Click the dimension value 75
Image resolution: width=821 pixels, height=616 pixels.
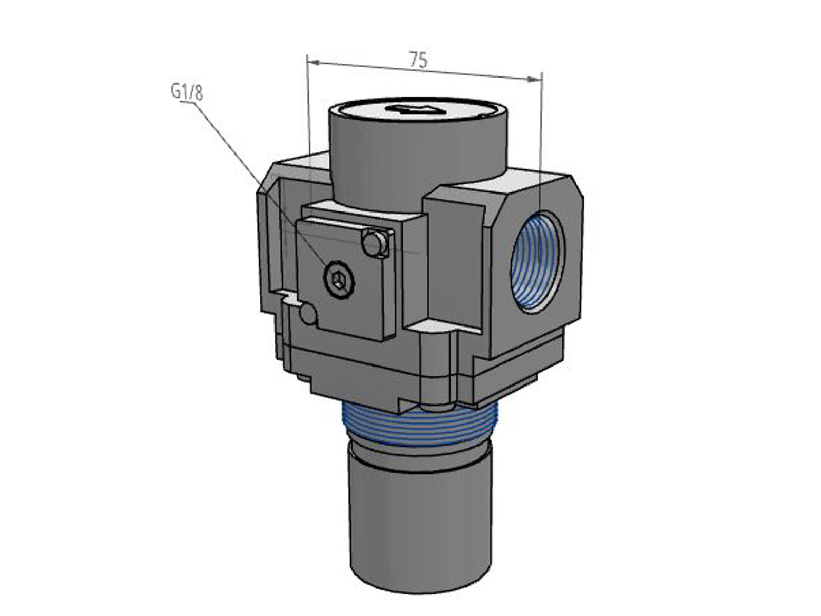[x=419, y=60]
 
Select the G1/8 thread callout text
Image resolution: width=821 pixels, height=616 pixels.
[x=187, y=92]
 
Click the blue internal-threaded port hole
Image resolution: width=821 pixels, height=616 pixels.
[x=537, y=262]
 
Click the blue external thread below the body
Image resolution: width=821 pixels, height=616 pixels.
[x=420, y=427]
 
